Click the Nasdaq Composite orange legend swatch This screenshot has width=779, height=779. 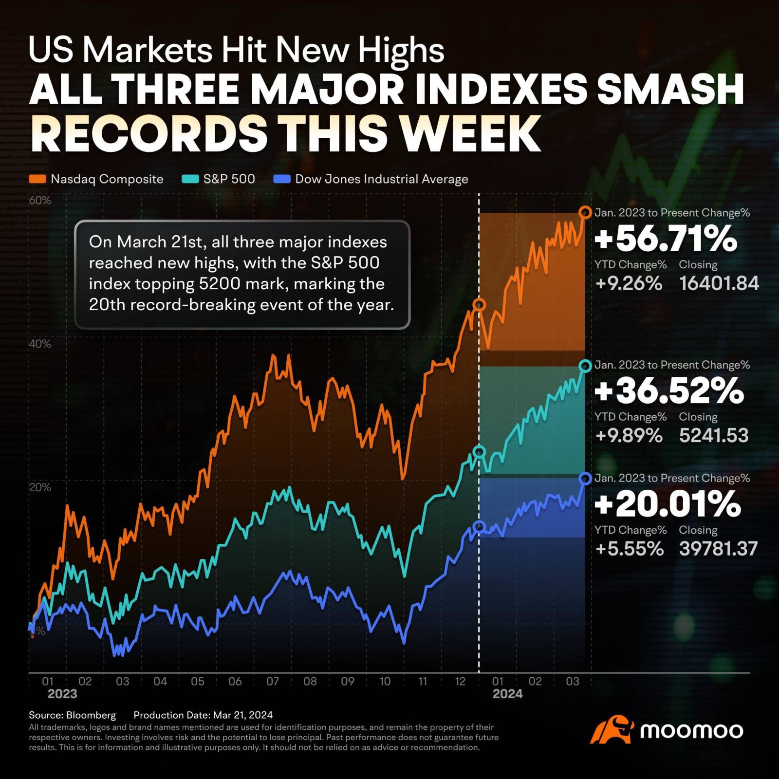(37, 179)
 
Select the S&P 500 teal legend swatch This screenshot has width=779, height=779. (190, 179)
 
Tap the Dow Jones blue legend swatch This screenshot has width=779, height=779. (282, 179)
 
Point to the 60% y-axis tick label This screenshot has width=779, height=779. (40, 201)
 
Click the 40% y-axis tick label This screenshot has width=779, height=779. (40, 344)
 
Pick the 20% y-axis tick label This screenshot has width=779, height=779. (40, 487)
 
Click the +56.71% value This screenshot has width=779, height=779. (666, 239)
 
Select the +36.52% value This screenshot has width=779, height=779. (669, 391)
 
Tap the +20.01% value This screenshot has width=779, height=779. (668, 504)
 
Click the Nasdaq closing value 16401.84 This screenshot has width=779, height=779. (719, 283)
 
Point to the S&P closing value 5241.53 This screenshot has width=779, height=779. (713, 435)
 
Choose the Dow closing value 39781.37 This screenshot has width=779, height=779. (718, 549)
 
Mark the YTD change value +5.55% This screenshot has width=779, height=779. (629, 549)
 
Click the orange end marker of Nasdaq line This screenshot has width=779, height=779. (585, 212)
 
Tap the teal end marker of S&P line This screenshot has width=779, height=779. (585, 366)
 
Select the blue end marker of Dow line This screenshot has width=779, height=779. (585, 479)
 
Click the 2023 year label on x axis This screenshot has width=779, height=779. (62, 694)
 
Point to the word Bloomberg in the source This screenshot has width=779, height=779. (91, 715)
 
